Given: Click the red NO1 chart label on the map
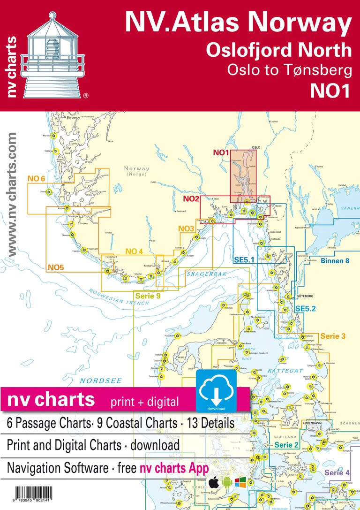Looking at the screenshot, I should point(220,152).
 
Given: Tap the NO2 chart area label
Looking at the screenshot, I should point(191,199).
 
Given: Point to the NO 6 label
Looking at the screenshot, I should point(36,179).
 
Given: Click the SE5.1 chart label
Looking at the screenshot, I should point(244,259).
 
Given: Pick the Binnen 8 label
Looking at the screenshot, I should point(335,260).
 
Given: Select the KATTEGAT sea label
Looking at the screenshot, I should point(285,371).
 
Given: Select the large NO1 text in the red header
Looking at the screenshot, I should point(330,91).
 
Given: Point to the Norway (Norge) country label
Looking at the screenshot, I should point(136,171).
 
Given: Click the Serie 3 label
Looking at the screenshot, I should point(333,336).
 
